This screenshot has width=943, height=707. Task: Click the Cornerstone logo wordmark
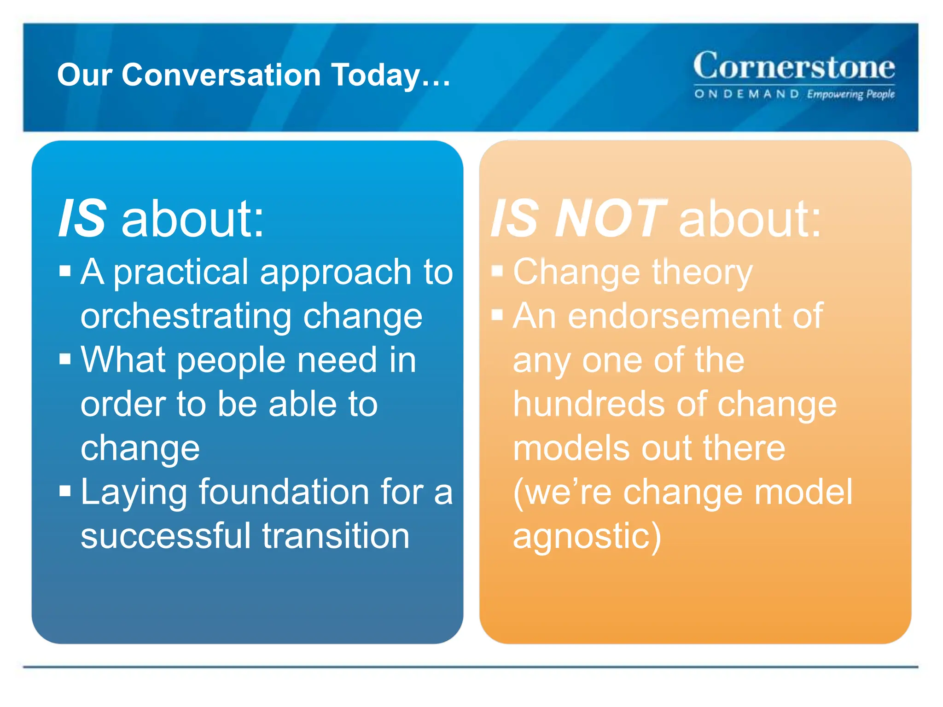(794, 66)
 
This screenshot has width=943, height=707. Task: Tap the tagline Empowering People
(850, 94)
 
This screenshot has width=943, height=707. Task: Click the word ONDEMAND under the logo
(746, 94)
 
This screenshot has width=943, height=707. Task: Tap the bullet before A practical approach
(65, 271)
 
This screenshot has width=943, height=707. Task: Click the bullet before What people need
(65, 359)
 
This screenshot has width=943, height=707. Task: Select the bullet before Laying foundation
(65, 491)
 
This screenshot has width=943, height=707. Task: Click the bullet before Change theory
(497, 271)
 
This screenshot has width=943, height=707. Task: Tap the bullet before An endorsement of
(497, 315)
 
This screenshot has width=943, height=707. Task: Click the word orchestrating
(186, 317)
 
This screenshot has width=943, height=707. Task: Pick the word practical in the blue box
(180, 272)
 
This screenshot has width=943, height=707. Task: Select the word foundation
(284, 493)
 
